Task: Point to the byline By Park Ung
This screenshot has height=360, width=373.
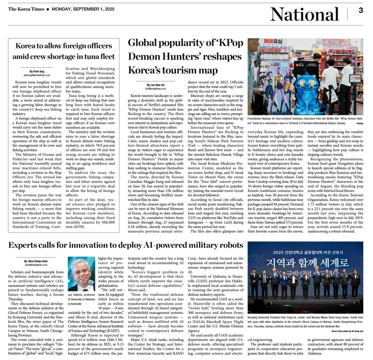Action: [37, 71]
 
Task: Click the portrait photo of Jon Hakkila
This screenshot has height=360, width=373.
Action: [81, 274]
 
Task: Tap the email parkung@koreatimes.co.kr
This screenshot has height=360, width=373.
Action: [37, 75]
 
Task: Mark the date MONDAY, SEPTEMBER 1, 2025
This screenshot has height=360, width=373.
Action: [80, 9]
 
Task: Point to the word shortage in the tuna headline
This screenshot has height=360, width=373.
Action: [64, 56]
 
